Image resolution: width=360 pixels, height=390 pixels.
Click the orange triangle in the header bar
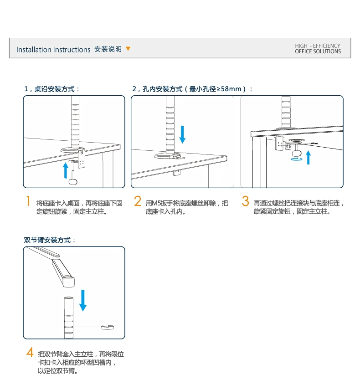pyautogui.click(x=128, y=49)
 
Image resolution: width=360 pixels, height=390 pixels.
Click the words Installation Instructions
pyautogui.click(x=53, y=50)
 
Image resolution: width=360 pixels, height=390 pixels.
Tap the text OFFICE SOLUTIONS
pyautogui.click(x=318, y=51)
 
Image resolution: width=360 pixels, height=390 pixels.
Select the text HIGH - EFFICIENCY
pyautogui.click(x=318, y=46)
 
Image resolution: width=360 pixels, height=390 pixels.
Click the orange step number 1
pyautogui.click(x=28, y=201)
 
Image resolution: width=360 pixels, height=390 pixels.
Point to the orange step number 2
pyautogui.click(x=138, y=201)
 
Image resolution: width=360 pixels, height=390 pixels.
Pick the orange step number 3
pyautogui.click(x=245, y=201)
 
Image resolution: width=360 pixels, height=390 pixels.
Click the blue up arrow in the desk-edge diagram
pyautogui.click(x=66, y=170)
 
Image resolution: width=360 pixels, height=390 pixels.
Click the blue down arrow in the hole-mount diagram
pyautogui.click(x=183, y=133)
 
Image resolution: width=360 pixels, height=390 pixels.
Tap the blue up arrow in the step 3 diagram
pyautogui.click(x=309, y=158)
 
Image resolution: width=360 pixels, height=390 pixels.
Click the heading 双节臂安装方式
pyautogui.click(x=50, y=240)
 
